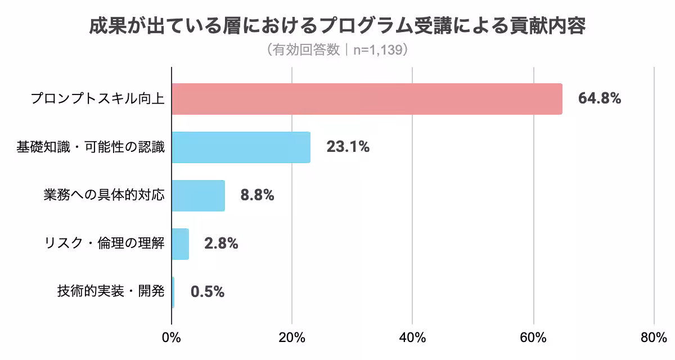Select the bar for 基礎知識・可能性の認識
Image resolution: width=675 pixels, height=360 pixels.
241,147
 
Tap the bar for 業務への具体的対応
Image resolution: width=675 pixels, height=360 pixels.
198,196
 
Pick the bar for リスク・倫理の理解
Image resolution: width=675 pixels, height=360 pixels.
180,244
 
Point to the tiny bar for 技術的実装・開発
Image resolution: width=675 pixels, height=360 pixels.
173,292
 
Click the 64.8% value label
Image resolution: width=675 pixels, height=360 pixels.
600,99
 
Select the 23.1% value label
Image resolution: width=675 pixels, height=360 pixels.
348,147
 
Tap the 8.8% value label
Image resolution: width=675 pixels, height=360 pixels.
257,196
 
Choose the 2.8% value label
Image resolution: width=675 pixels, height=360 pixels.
221,244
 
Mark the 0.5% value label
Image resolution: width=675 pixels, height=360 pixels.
208,292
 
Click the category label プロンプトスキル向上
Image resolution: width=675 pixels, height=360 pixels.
97,99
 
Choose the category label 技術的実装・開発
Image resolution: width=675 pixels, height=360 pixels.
111,292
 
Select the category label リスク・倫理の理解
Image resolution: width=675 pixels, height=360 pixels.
104,244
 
